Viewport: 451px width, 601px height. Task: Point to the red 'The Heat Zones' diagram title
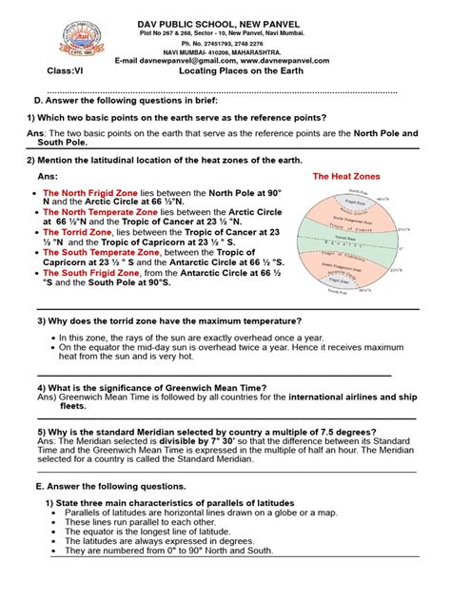347,177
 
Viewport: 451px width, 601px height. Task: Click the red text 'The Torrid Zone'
77,231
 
